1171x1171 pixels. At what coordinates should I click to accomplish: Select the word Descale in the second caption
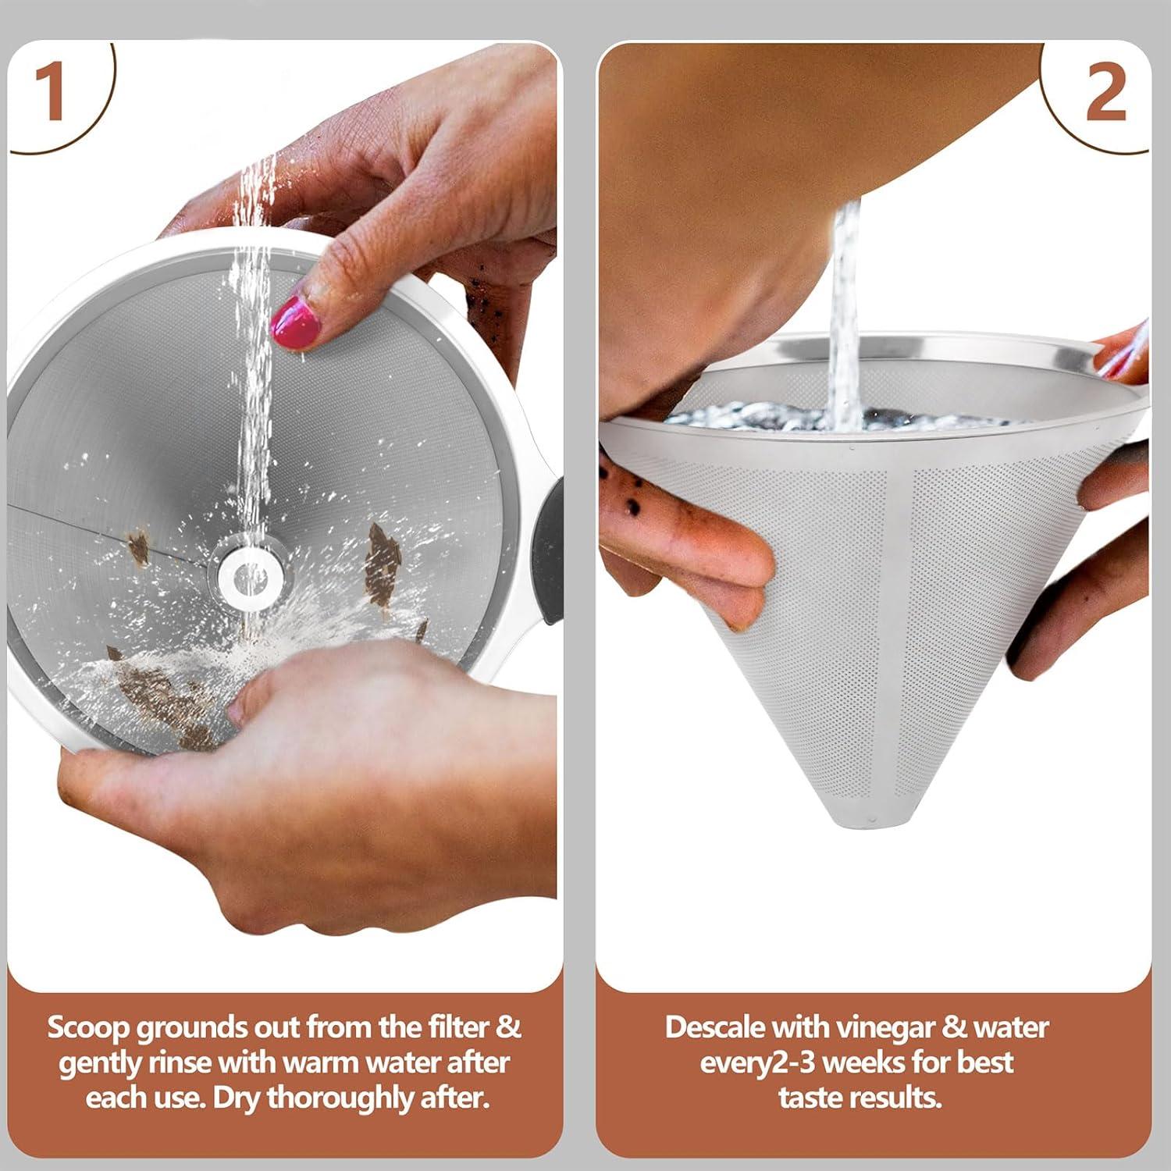tap(714, 1027)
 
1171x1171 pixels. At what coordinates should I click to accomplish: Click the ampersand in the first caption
tap(508, 1027)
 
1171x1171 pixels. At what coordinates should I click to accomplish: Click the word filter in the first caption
tap(454, 1027)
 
